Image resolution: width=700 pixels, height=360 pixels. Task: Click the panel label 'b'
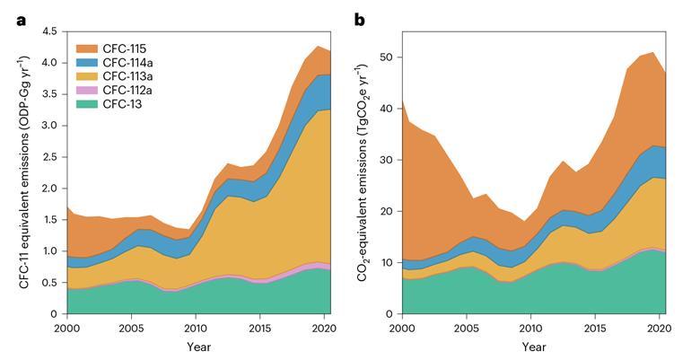(x=360, y=19)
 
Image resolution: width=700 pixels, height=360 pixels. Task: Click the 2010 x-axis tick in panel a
(x=197, y=327)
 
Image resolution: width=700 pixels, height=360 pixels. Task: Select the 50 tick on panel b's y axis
(x=385, y=57)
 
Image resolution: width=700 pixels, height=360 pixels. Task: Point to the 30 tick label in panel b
(x=385, y=160)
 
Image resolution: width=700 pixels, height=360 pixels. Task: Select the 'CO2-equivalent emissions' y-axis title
(x=362, y=173)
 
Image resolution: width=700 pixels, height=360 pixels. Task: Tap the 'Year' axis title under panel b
(x=534, y=347)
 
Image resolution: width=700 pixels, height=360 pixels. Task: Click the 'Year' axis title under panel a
(x=197, y=347)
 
